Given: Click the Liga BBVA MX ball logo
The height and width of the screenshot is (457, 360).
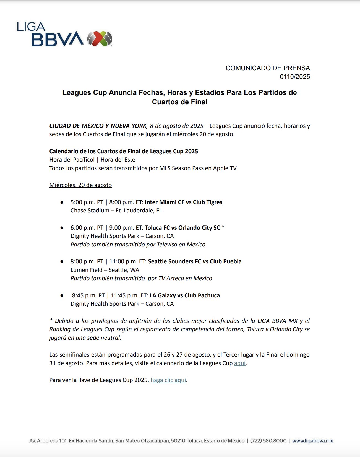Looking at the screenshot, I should tap(100, 39).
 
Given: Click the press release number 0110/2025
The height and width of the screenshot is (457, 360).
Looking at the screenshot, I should tap(295, 77).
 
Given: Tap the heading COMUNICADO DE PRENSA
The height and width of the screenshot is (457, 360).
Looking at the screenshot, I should tap(268, 68).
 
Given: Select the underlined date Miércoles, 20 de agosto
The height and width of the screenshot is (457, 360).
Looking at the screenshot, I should tap(80, 185).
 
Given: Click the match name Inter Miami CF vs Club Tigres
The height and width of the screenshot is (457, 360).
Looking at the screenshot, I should tap(183, 202).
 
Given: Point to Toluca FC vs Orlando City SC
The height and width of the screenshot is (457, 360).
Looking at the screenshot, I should tap(182, 228).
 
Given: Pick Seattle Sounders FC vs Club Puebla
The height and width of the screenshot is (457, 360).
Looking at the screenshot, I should tap(195, 261).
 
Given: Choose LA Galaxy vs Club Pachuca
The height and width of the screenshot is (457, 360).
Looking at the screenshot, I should tap(184, 295).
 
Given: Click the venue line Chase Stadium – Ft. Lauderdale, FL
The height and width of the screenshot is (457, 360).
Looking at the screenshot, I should tap(116, 211).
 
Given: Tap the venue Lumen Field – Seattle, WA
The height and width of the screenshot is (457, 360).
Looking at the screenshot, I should tap(105, 270).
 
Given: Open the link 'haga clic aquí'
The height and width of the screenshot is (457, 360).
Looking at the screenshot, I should tap(168, 380).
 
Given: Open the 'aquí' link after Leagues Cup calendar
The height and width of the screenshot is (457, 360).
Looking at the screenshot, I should tap(240, 363).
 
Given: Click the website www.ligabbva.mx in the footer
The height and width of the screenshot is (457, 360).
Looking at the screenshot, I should tap(312, 441).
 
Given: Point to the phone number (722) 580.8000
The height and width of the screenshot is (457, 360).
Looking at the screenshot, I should tap(268, 441).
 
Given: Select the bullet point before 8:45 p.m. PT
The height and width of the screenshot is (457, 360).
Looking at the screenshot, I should tap(62, 295).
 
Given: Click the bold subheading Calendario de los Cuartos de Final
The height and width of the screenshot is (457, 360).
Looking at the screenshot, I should tap(124, 151).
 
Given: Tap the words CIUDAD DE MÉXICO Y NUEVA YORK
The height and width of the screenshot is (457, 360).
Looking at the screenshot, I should tap(98, 126).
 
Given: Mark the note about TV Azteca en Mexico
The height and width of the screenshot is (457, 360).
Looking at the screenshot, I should tap(141, 278).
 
